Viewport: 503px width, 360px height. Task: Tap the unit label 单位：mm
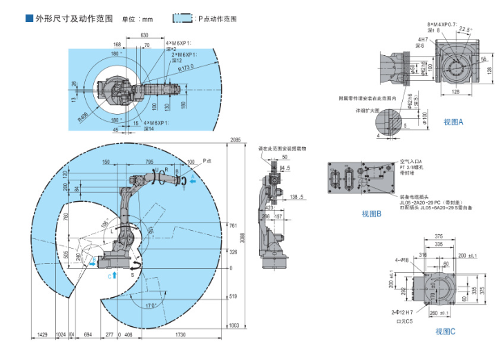(137, 19)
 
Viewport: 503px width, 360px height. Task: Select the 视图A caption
(453, 122)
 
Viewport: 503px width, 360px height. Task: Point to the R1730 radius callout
(186, 67)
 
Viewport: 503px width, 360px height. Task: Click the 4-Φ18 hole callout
(400, 259)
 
